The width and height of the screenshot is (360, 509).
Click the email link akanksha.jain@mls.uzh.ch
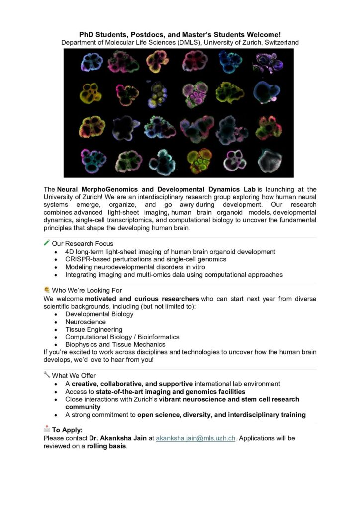(x=195, y=438)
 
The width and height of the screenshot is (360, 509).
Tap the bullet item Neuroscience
(x=85, y=322)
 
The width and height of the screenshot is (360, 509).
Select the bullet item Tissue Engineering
(x=93, y=329)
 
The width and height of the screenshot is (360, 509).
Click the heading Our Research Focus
(x=83, y=244)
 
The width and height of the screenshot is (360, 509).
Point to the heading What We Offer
(x=74, y=375)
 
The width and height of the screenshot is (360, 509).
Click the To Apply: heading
(x=67, y=430)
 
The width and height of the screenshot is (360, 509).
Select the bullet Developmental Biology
(x=99, y=314)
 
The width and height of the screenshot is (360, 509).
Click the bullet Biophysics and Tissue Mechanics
(x=115, y=344)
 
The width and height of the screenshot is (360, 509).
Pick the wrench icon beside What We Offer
(x=47, y=375)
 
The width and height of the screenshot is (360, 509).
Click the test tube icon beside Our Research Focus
(x=47, y=243)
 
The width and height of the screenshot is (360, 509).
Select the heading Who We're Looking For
(x=87, y=290)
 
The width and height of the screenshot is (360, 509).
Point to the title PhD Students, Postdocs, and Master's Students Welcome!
(x=180, y=34)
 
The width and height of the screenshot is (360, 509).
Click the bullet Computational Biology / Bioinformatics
(x=122, y=337)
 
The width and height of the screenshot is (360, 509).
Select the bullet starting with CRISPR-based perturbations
(x=146, y=259)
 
